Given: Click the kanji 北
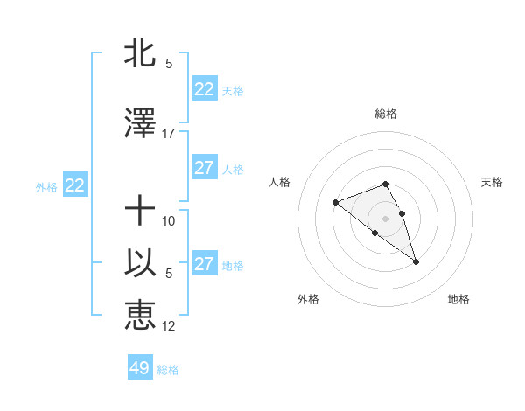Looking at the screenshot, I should [140, 53].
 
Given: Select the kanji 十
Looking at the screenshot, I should [140, 210].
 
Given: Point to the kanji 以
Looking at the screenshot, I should [140, 262].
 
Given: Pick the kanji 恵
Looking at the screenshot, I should [140, 315].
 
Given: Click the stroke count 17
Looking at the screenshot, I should [169, 133].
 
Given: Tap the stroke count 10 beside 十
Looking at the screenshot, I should [169, 220].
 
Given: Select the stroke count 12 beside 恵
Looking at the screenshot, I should [169, 325].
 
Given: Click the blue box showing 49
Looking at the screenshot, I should [140, 368].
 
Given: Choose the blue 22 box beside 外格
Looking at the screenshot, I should [74, 185].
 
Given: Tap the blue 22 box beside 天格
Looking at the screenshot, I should [204, 89].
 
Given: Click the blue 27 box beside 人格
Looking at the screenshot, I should [204, 168].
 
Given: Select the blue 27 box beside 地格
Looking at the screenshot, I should [204, 264].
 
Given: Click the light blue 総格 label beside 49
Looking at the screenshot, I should [168, 370].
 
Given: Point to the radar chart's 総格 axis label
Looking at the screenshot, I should [385, 114].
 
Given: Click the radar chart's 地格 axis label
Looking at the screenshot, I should [458, 299].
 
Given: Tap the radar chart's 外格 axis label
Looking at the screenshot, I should [308, 299].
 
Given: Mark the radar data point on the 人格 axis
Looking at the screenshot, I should [335, 203].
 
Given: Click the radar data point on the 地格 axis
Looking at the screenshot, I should [416, 261].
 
